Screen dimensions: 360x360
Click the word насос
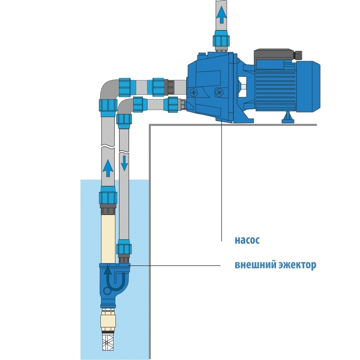pos(247,241)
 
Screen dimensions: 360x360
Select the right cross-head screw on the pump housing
pos(218,92)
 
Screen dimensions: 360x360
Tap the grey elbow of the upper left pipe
pos(108,88)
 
